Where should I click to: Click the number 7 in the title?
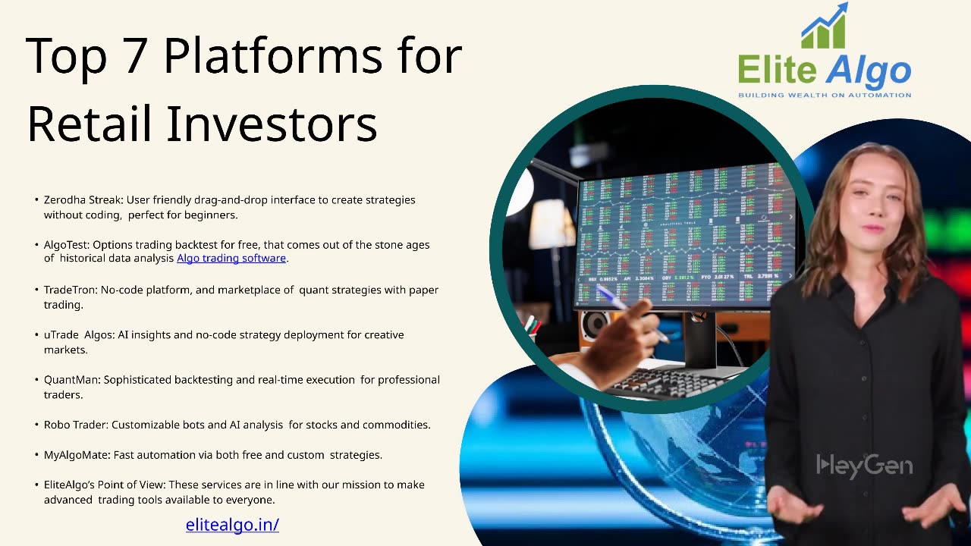pos(134,55)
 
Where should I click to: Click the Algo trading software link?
pos(231,259)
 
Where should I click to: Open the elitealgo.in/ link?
pos(232,525)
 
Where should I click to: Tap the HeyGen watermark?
pos(864,466)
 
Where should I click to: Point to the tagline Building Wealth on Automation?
pos(825,95)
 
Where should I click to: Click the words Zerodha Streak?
pos(83,199)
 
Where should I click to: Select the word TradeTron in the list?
pos(71,290)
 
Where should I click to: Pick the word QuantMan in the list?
pos(71,380)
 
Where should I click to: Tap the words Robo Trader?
pos(75,425)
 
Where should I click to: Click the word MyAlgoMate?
pos(77,455)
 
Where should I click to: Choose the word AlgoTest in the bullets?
pos(66,245)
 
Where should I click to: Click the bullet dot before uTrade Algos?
pos(37,335)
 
